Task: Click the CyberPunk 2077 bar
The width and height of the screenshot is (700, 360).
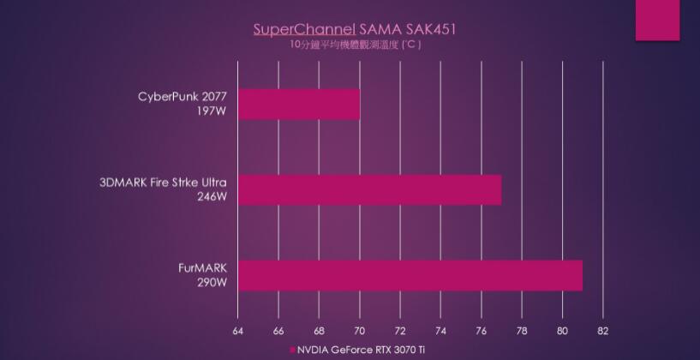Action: [x=298, y=104]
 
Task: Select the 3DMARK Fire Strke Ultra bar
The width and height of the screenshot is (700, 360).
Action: [x=368, y=189]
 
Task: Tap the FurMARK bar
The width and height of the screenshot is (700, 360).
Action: [x=410, y=275]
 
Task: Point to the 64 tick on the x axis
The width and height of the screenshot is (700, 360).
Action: [x=237, y=330]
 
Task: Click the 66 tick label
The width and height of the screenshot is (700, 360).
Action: [x=278, y=330]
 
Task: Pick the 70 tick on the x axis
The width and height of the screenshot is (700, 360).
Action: [x=360, y=330]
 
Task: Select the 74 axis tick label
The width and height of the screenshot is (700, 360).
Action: [x=440, y=330]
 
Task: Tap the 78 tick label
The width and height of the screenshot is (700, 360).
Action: [x=522, y=330]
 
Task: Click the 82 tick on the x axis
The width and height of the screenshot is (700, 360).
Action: [x=603, y=330]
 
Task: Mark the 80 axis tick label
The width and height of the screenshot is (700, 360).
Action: [x=563, y=330]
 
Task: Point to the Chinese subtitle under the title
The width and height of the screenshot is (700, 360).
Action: [x=355, y=45]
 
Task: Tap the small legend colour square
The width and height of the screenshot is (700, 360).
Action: [x=292, y=350]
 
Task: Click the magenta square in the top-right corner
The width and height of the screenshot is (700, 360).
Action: [x=657, y=20]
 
